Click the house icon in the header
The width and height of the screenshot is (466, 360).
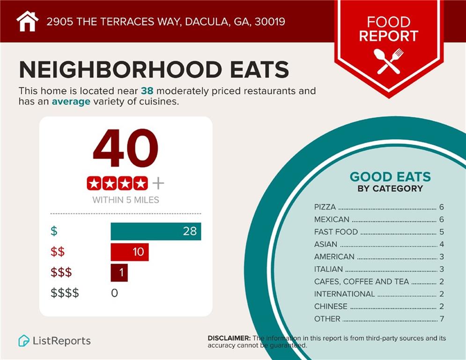(x=27, y=21)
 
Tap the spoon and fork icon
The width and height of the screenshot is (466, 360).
(x=389, y=61)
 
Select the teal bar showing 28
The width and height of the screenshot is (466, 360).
(x=155, y=231)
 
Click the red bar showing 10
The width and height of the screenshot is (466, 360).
(x=129, y=252)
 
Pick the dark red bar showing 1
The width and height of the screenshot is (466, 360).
(x=119, y=272)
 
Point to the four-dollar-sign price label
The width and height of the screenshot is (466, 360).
(x=65, y=293)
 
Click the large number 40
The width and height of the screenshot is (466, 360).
(x=126, y=149)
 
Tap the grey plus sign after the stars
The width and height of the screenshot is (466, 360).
(x=158, y=183)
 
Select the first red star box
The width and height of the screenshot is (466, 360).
(x=94, y=183)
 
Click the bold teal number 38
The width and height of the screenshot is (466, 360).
(x=148, y=91)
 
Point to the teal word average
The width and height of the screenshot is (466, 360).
(x=71, y=101)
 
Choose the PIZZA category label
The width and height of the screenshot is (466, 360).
(x=325, y=207)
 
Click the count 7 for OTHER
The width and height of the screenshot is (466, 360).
(x=441, y=319)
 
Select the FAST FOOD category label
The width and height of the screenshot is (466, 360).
(x=336, y=232)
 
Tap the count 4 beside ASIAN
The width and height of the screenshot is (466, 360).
(x=441, y=244)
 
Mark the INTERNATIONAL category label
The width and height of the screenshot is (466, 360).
(x=344, y=294)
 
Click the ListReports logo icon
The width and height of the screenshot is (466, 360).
(x=24, y=341)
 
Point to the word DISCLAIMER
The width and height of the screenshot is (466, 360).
(x=229, y=338)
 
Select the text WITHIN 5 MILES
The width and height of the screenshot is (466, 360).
(x=126, y=200)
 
